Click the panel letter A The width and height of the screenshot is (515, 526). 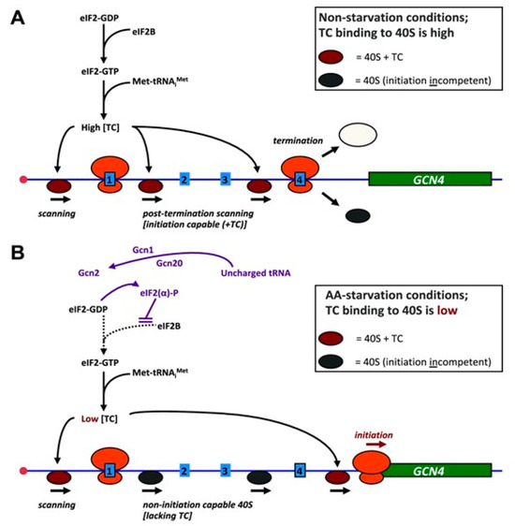click(x=16, y=17)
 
